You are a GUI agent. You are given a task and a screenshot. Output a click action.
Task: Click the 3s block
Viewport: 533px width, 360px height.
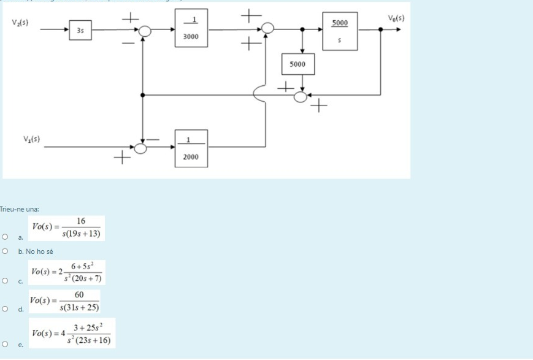pos(81,29)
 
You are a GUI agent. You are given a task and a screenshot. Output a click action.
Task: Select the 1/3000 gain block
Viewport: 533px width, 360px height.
pos(191,28)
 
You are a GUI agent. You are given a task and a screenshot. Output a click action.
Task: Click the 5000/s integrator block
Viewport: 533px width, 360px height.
pos(340,33)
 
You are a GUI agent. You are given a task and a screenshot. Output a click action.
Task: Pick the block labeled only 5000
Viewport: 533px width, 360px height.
pos(297,64)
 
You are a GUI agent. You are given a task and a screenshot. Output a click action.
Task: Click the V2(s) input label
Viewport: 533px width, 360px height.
pos(20,23)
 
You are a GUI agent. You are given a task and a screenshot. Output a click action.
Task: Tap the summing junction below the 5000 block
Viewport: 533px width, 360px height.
pos(301,96)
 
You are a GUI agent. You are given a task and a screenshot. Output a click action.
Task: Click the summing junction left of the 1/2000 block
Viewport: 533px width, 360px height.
pos(141,148)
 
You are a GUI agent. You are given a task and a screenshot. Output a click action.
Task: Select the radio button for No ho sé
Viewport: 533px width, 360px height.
pos(5,251)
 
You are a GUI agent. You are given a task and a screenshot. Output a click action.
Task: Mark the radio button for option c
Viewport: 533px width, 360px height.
pos(5,281)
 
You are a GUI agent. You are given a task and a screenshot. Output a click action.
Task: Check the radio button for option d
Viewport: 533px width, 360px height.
pos(5,308)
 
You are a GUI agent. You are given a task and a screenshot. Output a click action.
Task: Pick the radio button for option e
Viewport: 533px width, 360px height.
pos(5,345)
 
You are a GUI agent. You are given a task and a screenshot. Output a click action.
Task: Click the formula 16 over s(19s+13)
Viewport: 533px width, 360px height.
pos(67,228)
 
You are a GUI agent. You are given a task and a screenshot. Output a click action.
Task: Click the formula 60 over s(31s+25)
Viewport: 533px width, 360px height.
pos(65,301)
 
